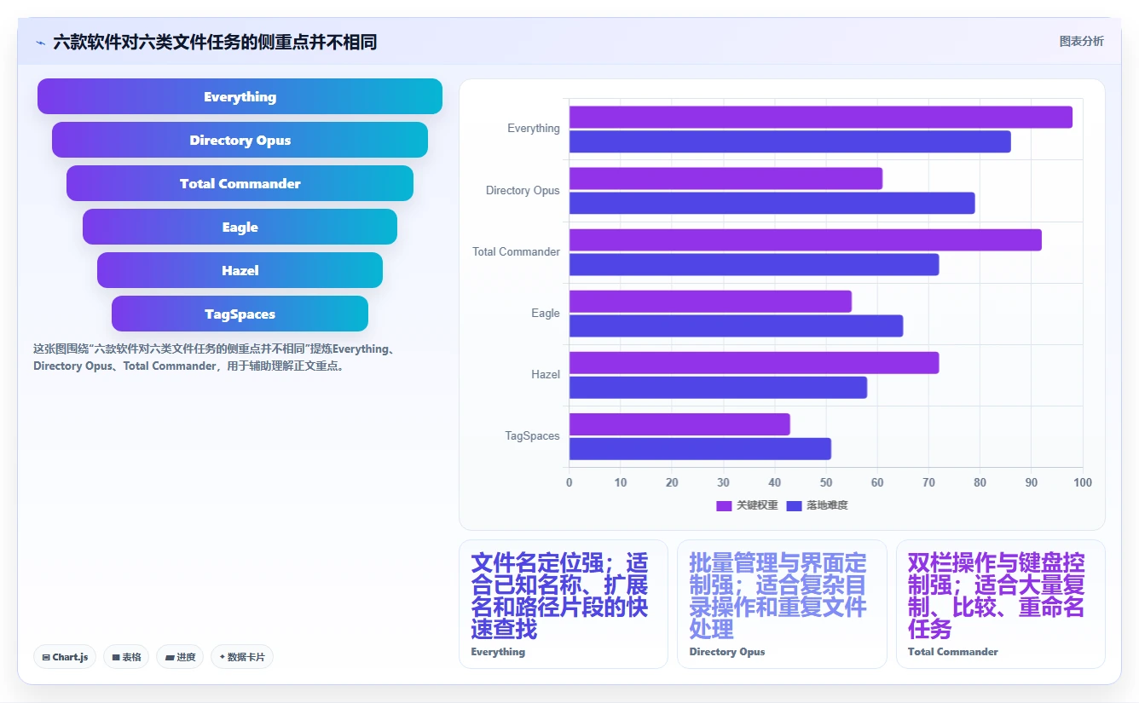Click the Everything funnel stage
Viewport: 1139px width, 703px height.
tap(240, 96)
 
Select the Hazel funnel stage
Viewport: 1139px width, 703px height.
tap(240, 270)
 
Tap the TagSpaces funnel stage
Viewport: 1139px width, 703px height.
tap(240, 314)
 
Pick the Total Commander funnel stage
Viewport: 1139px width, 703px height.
tap(240, 183)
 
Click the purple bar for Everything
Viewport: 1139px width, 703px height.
tap(821, 117)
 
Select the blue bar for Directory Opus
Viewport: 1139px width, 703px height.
tap(772, 203)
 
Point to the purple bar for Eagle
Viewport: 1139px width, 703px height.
tap(710, 302)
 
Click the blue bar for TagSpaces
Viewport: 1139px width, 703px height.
tap(700, 449)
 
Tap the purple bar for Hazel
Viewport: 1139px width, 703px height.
tap(755, 363)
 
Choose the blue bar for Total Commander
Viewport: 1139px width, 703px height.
tap(755, 264)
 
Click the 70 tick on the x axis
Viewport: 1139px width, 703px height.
tap(928, 482)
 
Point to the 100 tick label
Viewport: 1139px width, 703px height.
tap(1083, 482)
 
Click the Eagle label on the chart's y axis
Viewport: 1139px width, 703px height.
tap(545, 313)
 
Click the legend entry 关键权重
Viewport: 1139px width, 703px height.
tap(747, 505)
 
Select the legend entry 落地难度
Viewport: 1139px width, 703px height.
tap(817, 505)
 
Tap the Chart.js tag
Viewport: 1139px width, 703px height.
tap(65, 657)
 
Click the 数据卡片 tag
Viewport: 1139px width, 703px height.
tap(241, 657)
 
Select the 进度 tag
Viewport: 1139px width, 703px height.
tap(180, 657)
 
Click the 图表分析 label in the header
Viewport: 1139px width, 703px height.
tap(1082, 41)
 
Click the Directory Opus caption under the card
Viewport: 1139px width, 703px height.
tap(726, 652)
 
